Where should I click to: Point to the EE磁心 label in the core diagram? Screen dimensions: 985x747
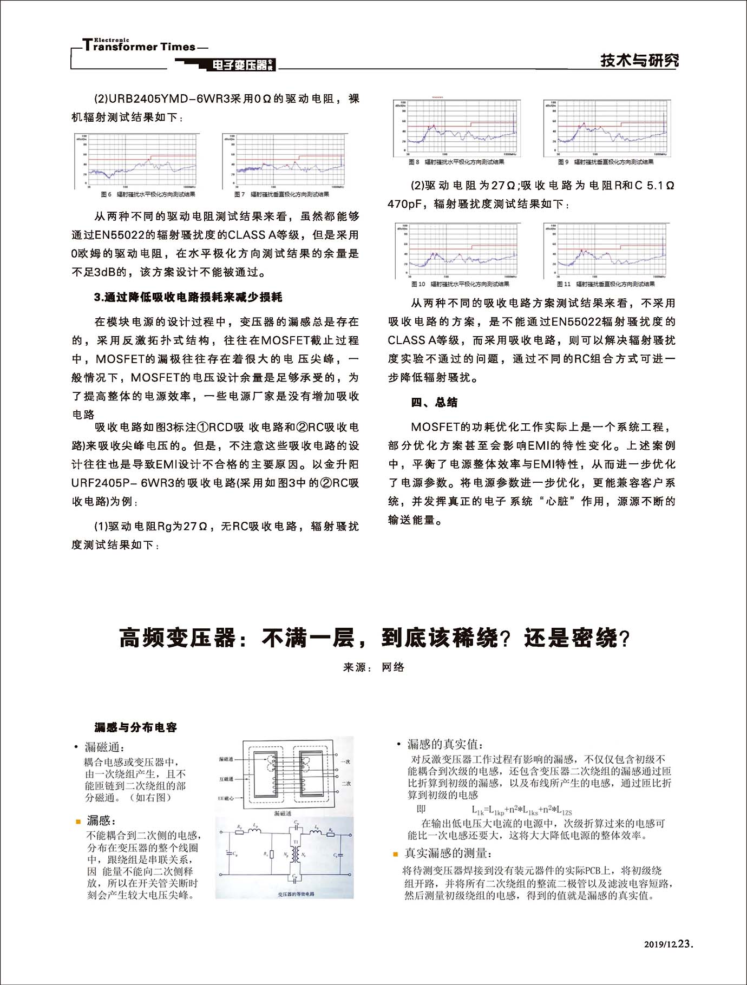226,798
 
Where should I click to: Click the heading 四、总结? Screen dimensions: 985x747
434,402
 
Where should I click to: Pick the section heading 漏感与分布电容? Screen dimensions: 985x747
136,727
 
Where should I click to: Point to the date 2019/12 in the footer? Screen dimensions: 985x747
660,944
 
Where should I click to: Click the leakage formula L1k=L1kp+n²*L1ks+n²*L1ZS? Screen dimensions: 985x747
521,810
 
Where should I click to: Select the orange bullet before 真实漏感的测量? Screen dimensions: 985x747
396,855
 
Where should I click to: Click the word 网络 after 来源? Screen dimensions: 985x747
393,667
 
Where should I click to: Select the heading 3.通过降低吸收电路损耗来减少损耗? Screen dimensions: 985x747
188,297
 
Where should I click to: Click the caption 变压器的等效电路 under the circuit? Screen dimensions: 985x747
296,894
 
